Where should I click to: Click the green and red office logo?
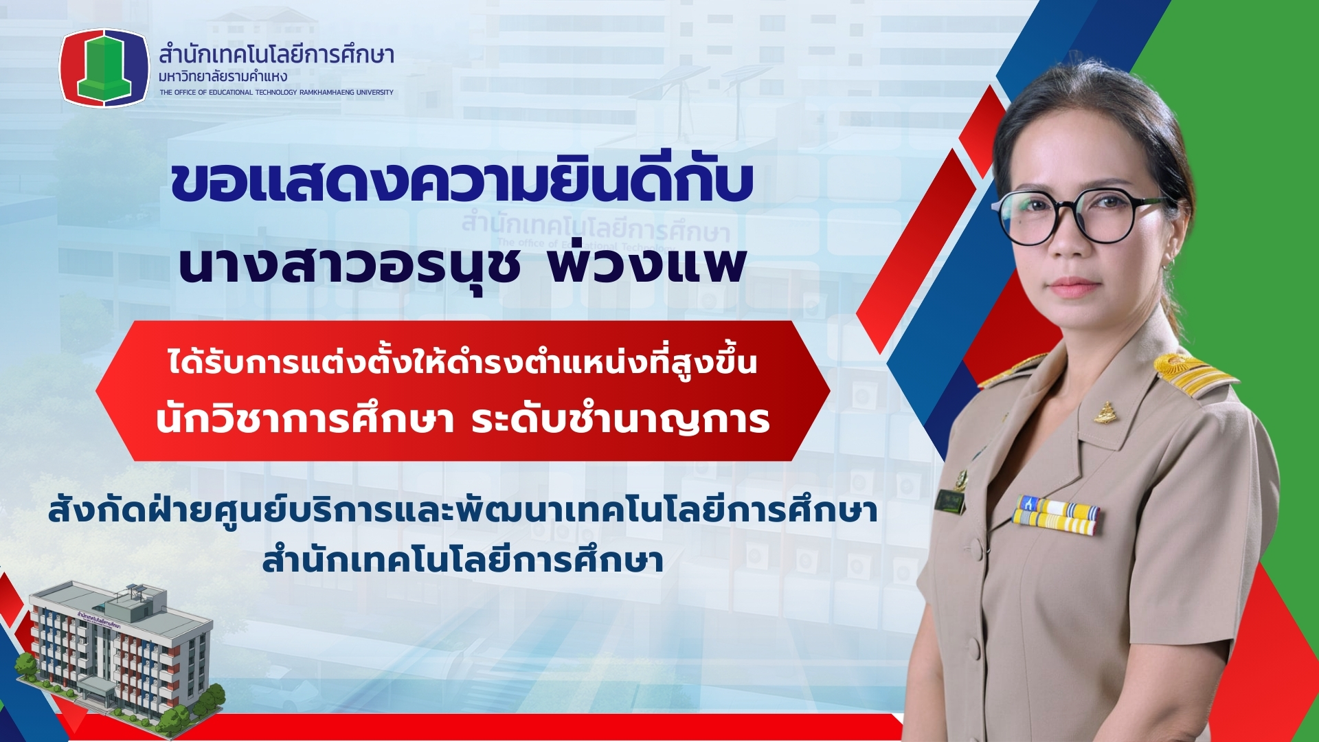[104, 67]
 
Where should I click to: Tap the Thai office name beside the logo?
[276, 54]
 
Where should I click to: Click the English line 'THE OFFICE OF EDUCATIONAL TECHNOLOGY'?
[276, 92]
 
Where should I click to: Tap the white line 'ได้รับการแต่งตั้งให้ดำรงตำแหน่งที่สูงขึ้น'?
[462, 361]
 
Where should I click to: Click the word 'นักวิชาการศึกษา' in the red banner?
[305, 419]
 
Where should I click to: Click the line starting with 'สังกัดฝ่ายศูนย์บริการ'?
[462, 512]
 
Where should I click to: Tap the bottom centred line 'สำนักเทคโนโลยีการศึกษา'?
[462, 560]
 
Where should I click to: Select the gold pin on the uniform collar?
[1105, 413]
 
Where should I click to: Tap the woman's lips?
[1074, 286]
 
